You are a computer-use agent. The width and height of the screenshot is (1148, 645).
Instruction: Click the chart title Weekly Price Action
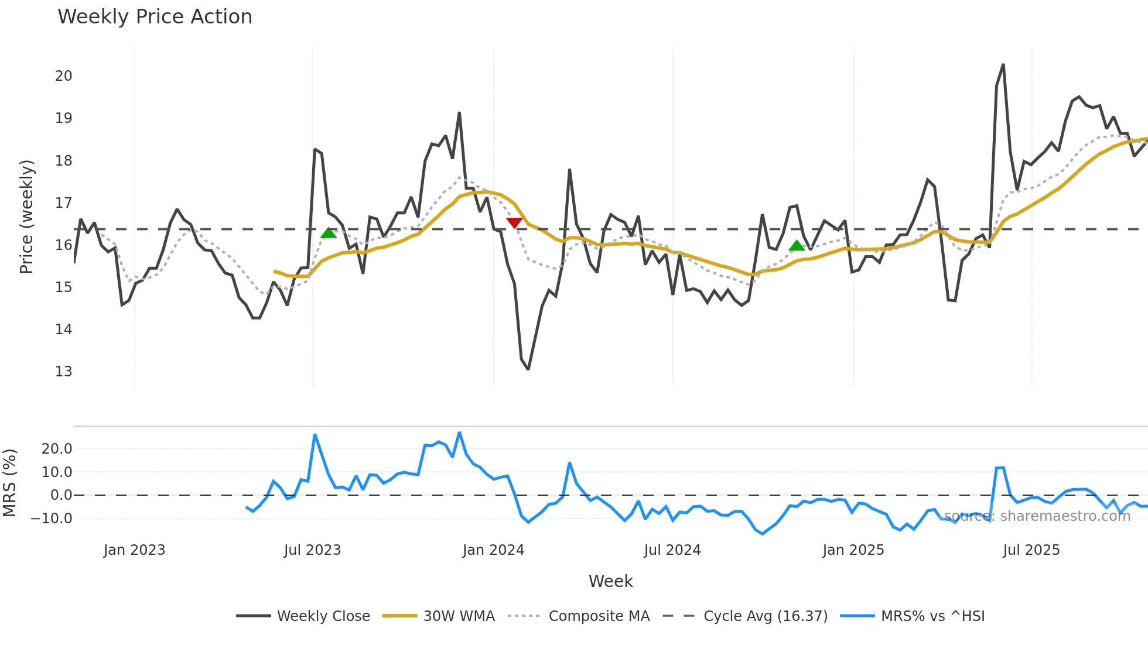coord(155,17)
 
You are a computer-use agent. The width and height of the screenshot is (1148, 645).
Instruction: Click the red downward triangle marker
coord(514,222)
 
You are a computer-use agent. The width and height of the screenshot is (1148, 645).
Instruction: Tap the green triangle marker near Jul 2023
coord(329,233)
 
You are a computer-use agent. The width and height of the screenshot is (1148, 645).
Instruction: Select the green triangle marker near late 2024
coord(797,245)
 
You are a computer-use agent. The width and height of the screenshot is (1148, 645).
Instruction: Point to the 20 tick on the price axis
coord(63,76)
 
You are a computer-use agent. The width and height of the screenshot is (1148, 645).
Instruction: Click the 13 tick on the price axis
coord(63,372)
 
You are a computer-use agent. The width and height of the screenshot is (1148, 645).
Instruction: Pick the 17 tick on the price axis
coord(63,203)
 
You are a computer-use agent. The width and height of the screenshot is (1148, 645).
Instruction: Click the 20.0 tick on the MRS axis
coord(57,449)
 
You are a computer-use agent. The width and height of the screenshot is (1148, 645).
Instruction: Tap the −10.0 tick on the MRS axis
coord(52,519)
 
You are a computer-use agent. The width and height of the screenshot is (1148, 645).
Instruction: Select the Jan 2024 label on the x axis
coord(493,550)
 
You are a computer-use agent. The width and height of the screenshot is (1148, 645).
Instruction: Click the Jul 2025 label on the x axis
coord(1031,550)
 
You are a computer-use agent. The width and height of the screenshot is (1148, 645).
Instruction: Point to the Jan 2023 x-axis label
coord(134,550)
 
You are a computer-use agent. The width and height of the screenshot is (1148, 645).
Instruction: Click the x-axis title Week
coord(610,581)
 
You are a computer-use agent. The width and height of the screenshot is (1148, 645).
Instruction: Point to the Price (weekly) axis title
coord(26,217)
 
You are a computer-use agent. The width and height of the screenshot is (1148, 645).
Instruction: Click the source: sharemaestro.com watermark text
coord(1037,516)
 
